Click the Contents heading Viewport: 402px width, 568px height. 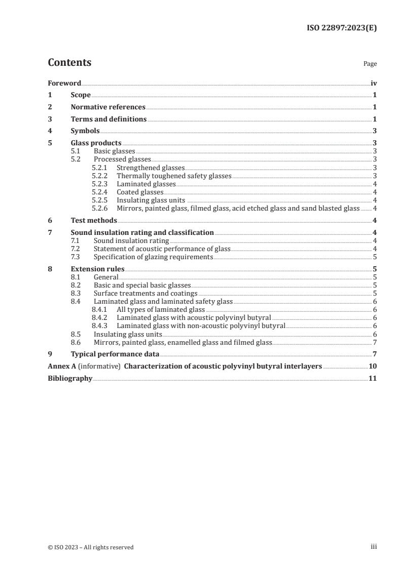tap(69, 63)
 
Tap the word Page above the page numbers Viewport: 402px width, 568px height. tap(370, 64)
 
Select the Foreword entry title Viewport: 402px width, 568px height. tap(64, 83)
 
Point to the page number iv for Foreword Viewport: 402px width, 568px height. tap(374, 83)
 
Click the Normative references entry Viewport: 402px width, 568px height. tap(108, 107)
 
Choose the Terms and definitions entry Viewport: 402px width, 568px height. tap(108, 119)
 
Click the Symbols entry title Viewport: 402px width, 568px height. tap(85, 131)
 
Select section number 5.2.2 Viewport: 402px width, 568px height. tap(100, 176)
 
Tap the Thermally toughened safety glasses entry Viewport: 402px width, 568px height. tap(174, 176)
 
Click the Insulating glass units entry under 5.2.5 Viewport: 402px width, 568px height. tap(151, 200)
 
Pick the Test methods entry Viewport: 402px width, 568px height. tap(94, 220)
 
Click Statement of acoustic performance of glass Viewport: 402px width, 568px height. tap(162, 249)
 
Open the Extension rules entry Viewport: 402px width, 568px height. tap(97, 269)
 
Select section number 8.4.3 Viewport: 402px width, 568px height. tap(100, 326)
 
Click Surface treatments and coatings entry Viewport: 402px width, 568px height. tap(145, 293)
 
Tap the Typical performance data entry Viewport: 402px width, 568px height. tap(115, 354)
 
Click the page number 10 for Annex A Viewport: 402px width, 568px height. tap(373, 367)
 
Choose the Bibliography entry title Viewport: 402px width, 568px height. tap(70, 378)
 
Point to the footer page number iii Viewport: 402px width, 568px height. tap(374, 547)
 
